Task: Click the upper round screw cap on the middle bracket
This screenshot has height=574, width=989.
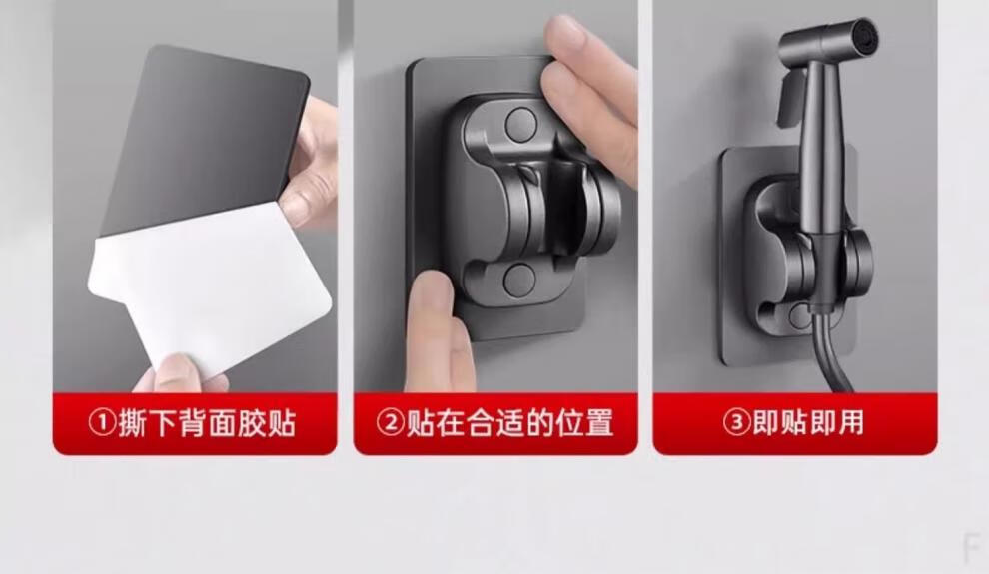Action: pyautogui.click(x=521, y=124)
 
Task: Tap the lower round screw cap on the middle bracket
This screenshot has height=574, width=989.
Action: pyautogui.click(x=519, y=280)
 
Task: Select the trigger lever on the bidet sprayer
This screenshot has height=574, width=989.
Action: pyautogui.click(x=789, y=98)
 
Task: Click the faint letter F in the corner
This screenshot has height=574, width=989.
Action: pyautogui.click(x=971, y=546)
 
